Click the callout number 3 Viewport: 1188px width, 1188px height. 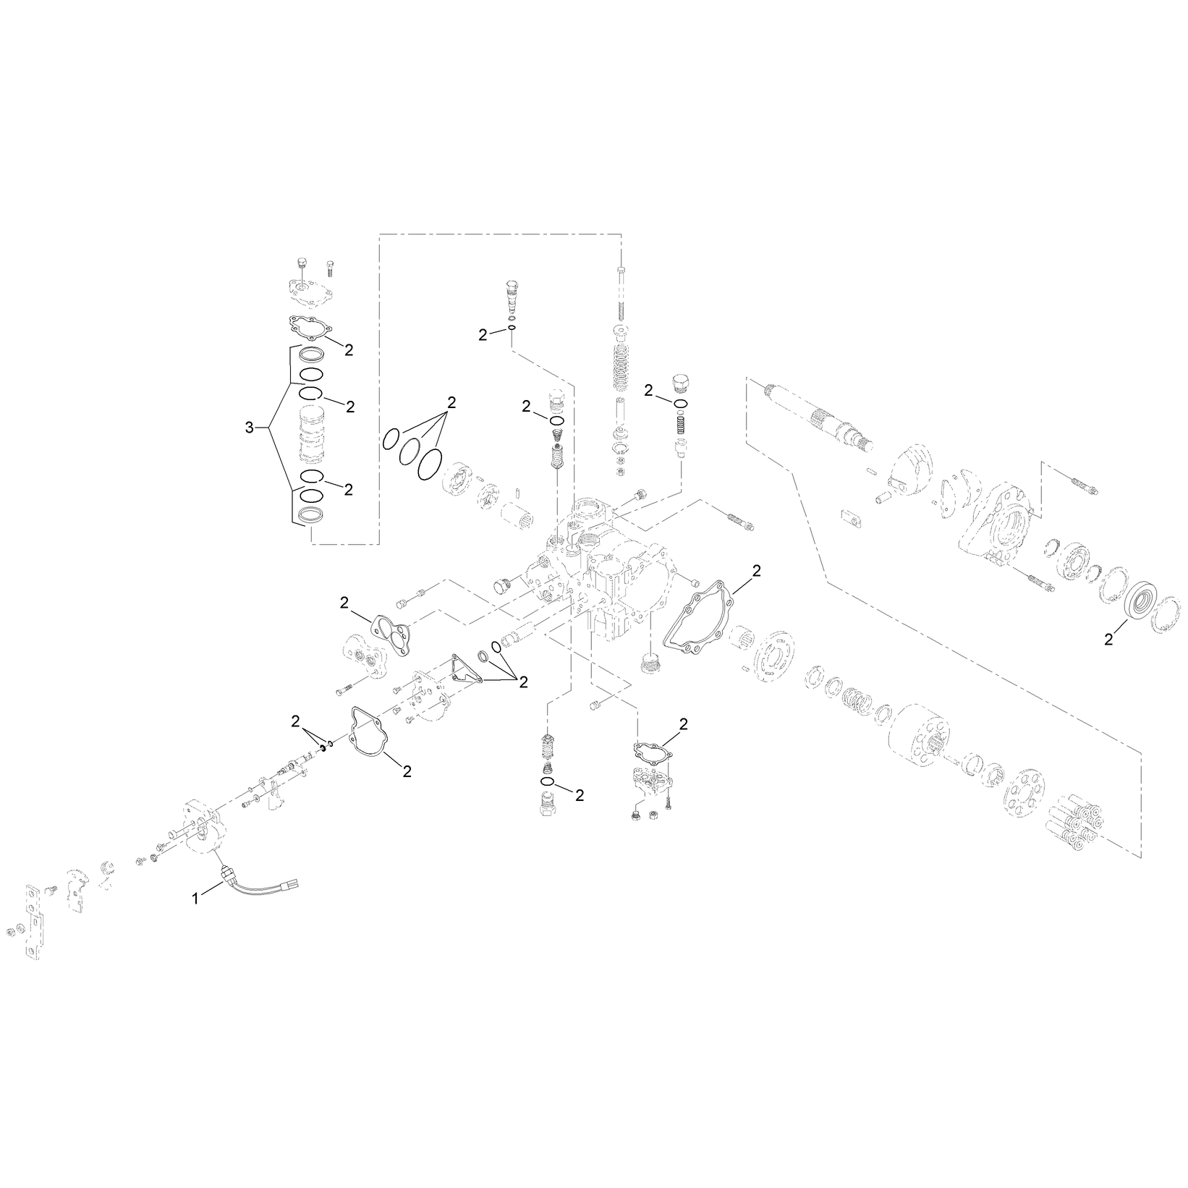250,428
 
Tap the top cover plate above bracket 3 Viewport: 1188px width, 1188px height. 309,294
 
